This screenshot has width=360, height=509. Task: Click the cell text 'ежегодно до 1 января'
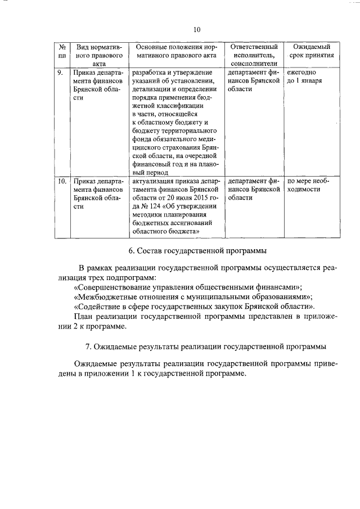[304, 77]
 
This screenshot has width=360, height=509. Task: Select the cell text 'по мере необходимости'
[308, 186]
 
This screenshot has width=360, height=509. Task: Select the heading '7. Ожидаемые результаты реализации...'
[205, 346]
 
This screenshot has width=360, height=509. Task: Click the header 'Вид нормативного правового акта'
[92, 56]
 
